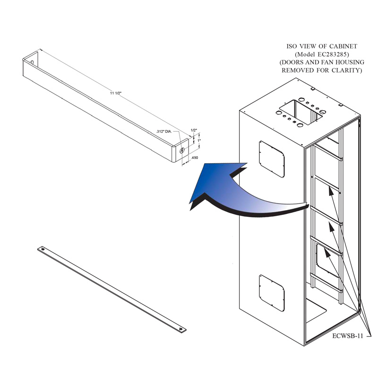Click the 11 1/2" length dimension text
pos(116,93)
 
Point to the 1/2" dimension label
pos(193,130)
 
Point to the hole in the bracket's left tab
pos(31,61)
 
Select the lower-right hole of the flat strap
pos(179,329)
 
